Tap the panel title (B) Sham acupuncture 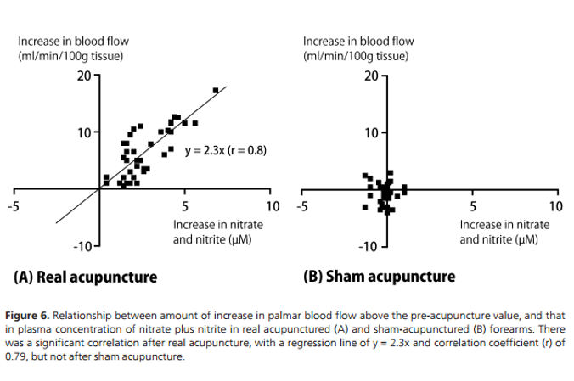click(379, 277)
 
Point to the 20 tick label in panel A click(82, 76)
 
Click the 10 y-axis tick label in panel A click(82, 132)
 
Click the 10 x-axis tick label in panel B click(555, 206)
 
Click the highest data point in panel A click(216, 90)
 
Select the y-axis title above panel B click(358, 48)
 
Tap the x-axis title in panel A click(218, 232)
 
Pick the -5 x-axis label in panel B click(301, 206)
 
